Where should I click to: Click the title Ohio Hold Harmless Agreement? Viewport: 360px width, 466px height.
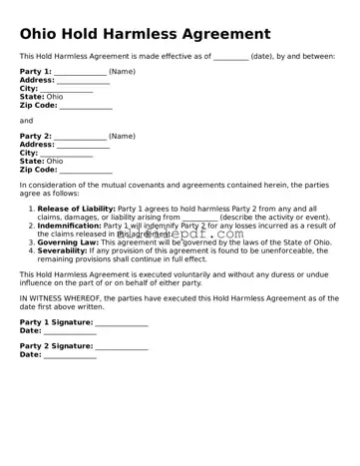(145, 34)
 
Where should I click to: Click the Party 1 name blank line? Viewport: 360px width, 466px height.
(80, 73)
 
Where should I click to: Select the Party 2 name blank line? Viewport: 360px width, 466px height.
(80, 137)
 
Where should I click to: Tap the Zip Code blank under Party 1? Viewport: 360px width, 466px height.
(86, 106)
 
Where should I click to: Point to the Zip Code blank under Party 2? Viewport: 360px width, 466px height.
(86, 170)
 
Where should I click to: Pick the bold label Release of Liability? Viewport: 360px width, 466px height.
(77, 209)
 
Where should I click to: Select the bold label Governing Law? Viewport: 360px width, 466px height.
(68, 242)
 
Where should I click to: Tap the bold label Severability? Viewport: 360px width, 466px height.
(62, 250)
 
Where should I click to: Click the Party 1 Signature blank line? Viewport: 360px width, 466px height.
(122, 322)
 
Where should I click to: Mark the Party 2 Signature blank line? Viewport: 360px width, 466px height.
(122, 346)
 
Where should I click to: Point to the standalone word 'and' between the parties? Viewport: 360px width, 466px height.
(26, 121)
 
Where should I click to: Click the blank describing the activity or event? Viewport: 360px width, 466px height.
(200, 218)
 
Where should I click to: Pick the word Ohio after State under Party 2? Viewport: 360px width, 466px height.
(55, 161)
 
